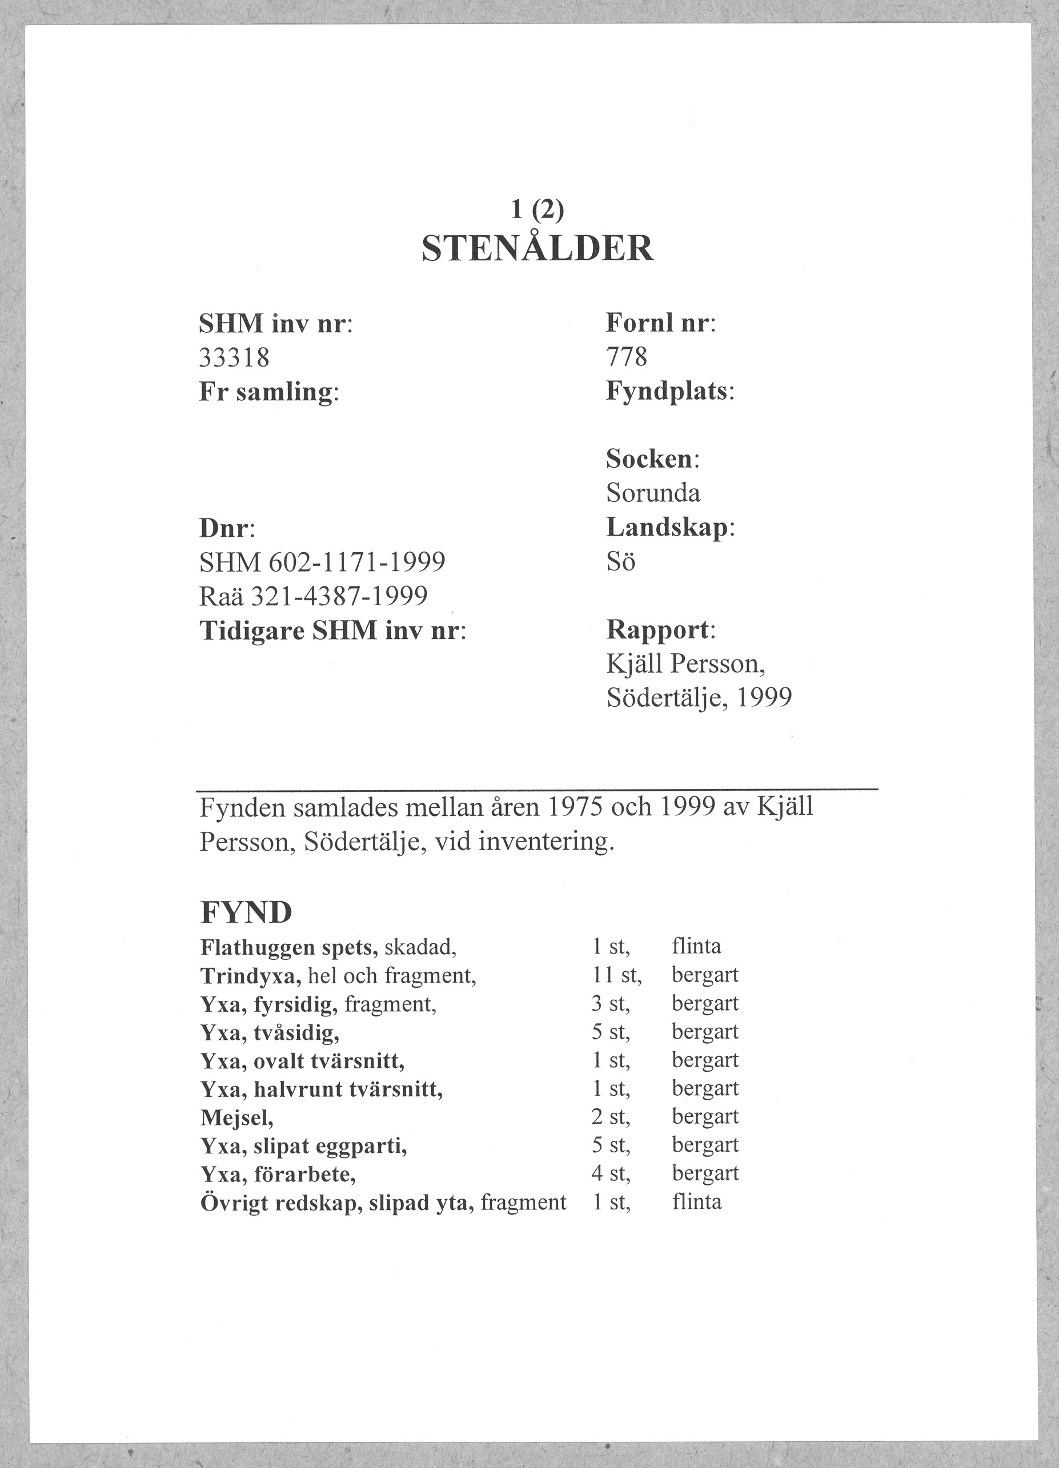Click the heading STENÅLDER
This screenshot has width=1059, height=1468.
point(537,248)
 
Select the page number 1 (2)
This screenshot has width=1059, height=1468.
point(537,209)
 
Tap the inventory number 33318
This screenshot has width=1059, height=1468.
point(234,357)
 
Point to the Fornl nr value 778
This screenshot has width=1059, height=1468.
point(626,357)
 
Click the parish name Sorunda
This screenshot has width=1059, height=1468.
point(652,493)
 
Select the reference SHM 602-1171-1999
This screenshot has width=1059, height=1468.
point(322,562)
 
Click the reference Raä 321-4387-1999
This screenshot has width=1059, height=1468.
point(313,596)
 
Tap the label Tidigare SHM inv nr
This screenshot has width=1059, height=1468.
point(332,630)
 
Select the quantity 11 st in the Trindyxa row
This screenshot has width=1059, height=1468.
point(616,975)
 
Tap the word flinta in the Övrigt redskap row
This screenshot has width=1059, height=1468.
point(696,1202)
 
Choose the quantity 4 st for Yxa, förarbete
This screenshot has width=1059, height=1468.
point(611,1173)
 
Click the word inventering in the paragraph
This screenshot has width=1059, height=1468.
point(544,842)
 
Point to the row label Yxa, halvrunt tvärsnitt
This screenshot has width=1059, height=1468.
point(322,1089)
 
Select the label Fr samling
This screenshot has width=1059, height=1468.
point(268,392)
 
